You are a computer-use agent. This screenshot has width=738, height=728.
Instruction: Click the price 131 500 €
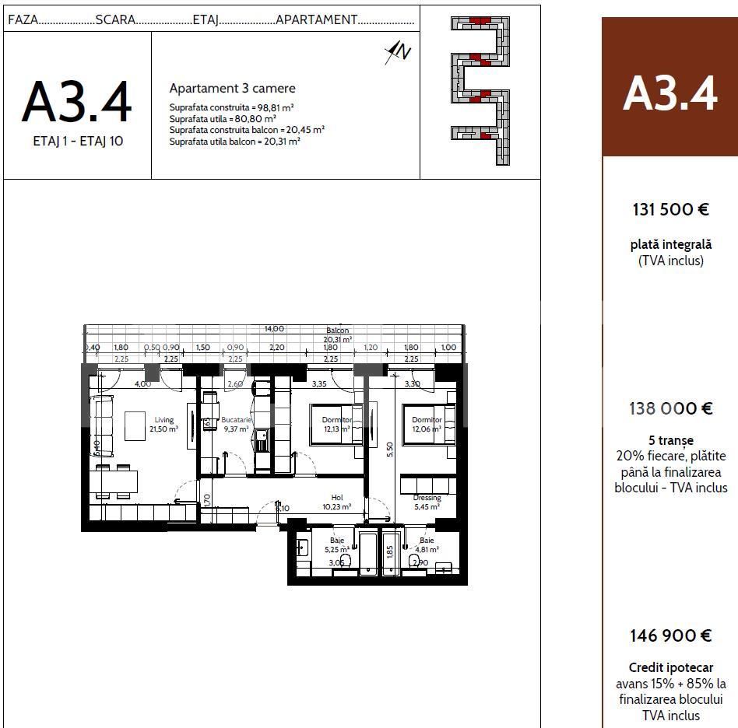[669, 209]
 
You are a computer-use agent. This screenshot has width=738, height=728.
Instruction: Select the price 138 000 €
[670, 408]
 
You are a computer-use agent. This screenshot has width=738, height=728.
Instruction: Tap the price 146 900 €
[670, 635]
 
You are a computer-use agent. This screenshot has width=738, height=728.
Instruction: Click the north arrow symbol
[398, 52]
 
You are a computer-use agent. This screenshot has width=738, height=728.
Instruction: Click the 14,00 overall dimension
[274, 329]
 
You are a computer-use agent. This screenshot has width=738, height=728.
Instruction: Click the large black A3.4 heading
[77, 102]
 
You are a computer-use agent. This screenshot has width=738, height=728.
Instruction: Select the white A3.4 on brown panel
[669, 94]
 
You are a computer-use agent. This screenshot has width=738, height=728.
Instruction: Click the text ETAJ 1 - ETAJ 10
[78, 142]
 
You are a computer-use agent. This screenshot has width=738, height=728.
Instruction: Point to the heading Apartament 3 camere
[232, 89]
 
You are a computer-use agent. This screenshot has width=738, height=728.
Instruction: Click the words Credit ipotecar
[670, 667]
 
